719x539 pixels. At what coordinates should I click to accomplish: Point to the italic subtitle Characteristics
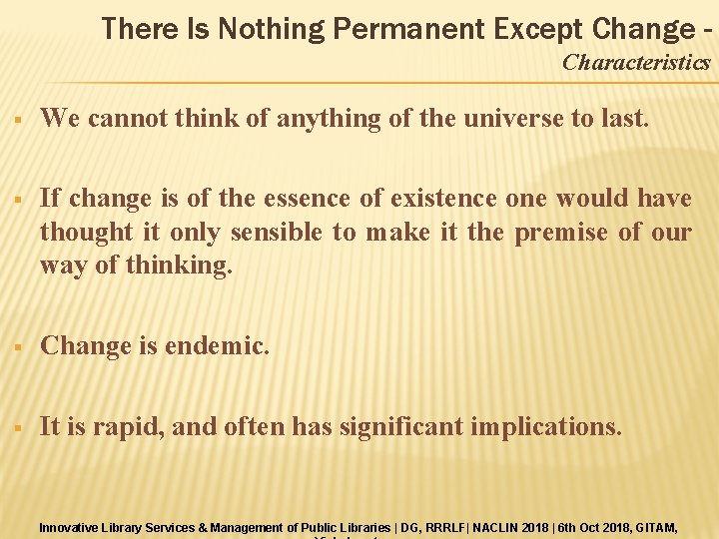click(x=636, y=63)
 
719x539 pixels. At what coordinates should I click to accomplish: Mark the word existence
click(x=437, y=199)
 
